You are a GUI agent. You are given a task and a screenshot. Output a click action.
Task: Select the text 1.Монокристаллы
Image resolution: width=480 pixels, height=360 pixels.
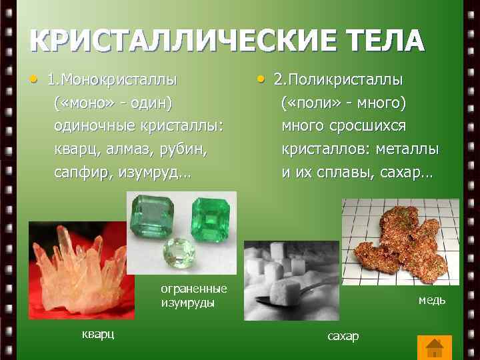tap(111, 80)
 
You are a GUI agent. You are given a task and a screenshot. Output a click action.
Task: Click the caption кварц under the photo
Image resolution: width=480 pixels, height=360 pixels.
tap(98, 334)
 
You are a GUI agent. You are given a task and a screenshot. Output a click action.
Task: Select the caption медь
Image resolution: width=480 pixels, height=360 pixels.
tap(432, 300)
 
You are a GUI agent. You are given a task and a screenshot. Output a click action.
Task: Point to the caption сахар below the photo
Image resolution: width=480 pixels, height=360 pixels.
tap(343, 336)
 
